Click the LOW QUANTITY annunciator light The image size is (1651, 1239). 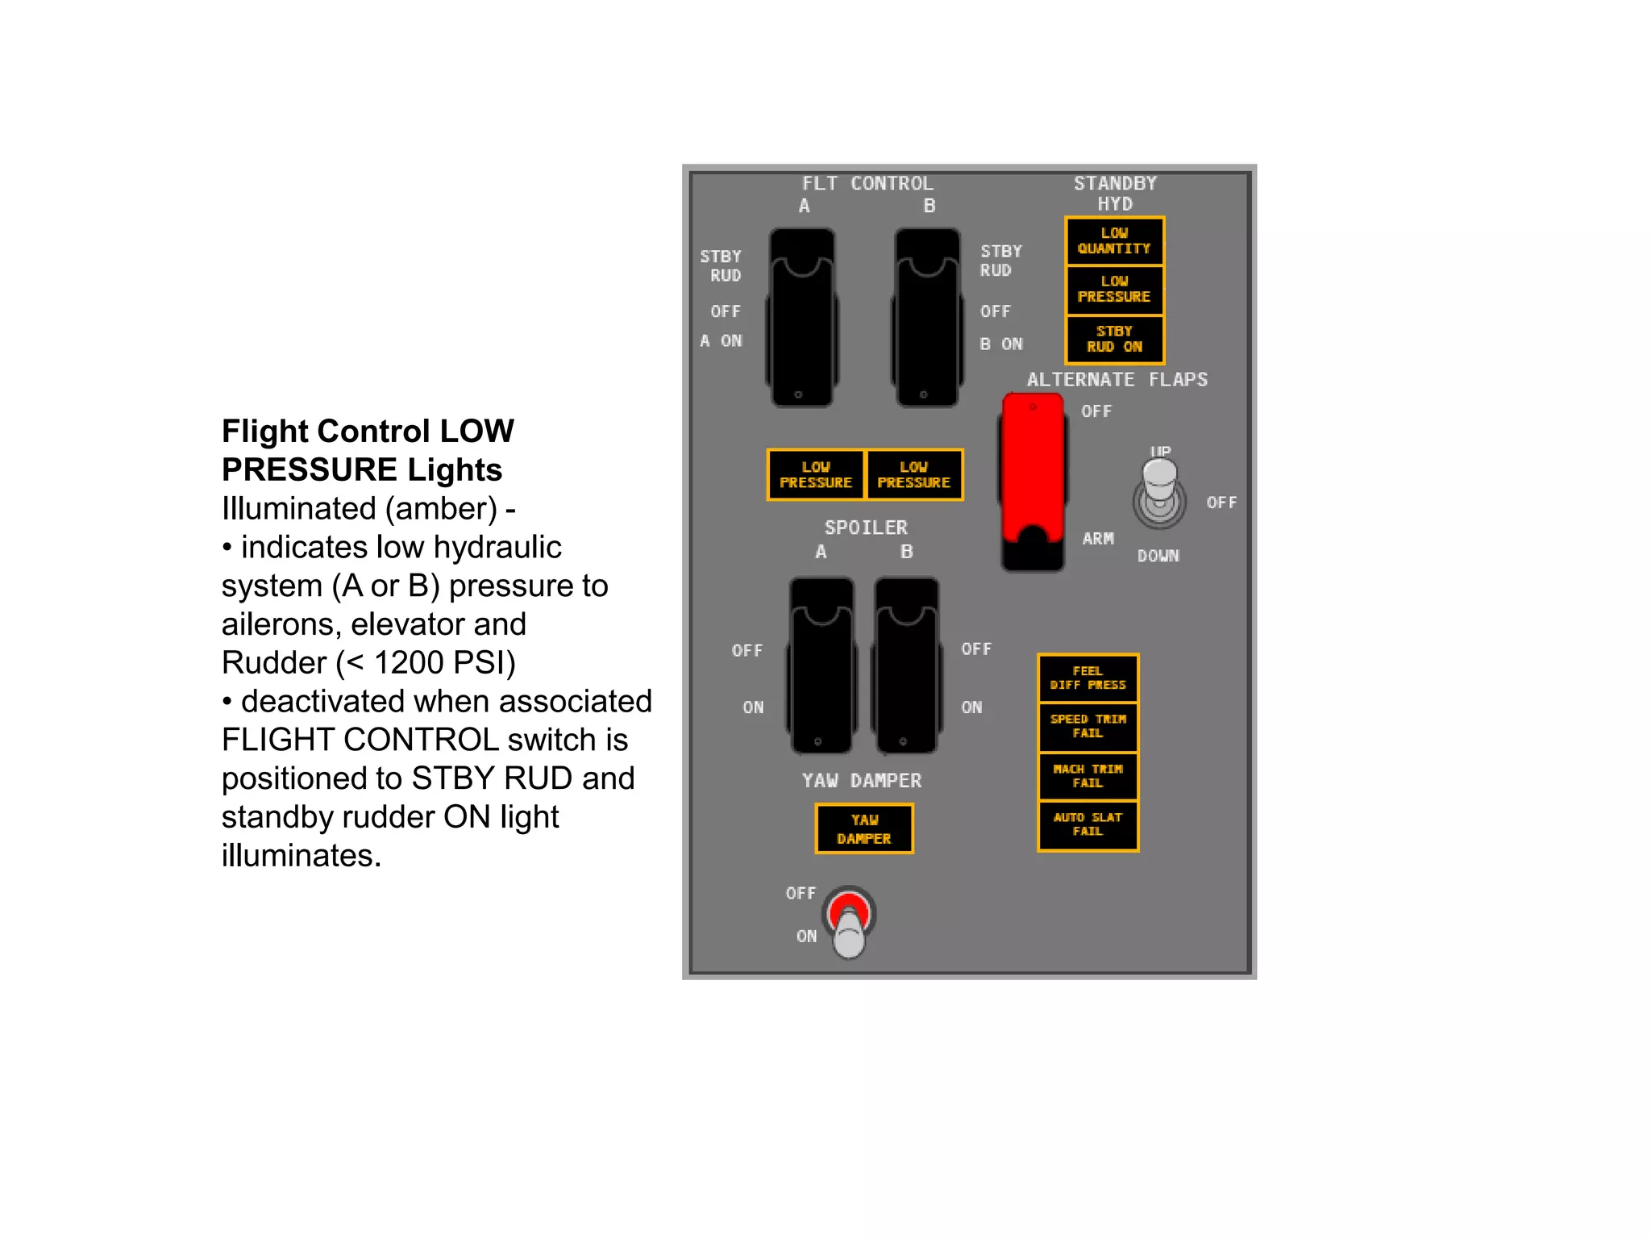[x=1114, y=241]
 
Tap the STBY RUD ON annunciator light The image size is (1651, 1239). [x=1114, y=339]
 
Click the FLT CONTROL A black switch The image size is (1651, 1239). [x=802, y=318]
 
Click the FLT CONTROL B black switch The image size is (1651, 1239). [x=927, y=318]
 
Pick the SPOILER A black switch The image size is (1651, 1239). [x=821, y=665]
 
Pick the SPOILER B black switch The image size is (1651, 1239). [x=907, y=665]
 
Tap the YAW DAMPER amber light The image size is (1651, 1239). [x=864, y=828]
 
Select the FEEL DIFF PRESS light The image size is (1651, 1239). [x=1087, y=678]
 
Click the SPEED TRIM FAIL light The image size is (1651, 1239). [x=1087, y=726]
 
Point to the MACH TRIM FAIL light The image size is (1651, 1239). [x=1087, y=776]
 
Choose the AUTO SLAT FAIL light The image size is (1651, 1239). [x=1087, y=824]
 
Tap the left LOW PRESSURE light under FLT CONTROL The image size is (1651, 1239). [x=816, y=475]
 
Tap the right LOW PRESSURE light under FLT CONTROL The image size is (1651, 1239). [x=913, y=475]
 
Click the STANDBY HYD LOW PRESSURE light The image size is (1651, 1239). [x=1114, y=290]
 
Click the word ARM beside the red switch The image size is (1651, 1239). [x=1098, y=539]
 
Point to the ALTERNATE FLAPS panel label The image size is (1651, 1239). [x=1117, y=380]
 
